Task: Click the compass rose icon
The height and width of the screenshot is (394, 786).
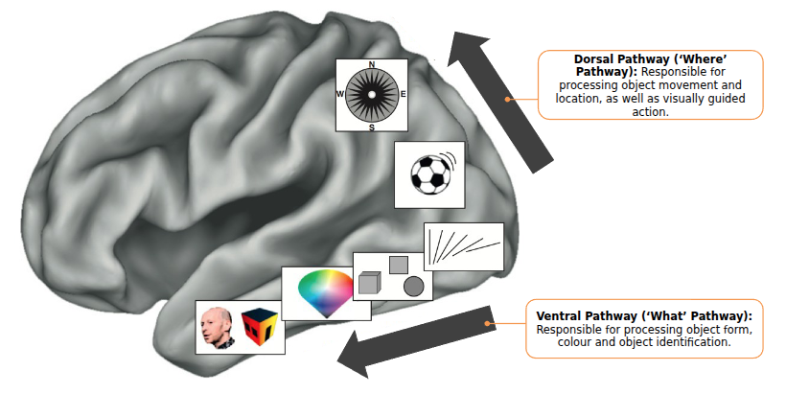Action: [371, 94]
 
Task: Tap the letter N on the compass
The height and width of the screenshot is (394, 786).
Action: [371, 64]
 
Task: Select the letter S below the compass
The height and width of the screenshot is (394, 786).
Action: [371, 126]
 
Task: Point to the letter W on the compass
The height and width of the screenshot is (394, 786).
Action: [340, 94]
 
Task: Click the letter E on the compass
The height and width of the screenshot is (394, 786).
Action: [403, 94]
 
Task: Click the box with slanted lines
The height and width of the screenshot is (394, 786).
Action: [464, 247]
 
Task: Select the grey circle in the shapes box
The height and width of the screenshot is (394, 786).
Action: [413, 285]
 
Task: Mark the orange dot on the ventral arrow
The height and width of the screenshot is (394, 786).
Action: [489, 324]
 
